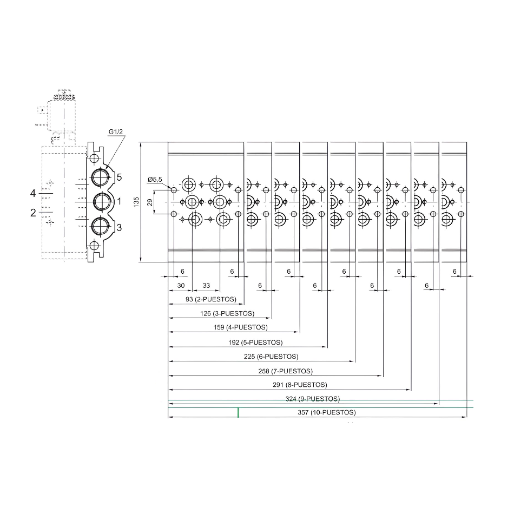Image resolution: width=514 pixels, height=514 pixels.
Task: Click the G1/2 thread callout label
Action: [x=115, y=131]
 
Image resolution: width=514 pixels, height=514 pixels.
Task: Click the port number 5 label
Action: [x=119, y=177]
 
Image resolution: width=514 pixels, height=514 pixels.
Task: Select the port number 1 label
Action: [x=119, y=201]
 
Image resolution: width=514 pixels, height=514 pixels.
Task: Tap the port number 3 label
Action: [x=119, y=227]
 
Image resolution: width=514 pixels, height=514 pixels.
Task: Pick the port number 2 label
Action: [x=33, y=213]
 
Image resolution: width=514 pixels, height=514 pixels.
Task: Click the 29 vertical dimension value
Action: [x=150, y=202]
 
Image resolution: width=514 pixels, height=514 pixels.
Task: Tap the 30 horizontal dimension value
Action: [x=181, y=285]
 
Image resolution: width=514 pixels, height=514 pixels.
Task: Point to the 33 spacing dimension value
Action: [x=206, y=285]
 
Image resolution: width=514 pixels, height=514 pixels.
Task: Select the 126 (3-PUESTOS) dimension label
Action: [x=219, y=313]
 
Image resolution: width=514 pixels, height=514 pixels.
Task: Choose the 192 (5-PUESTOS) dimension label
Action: [x=248, y=342]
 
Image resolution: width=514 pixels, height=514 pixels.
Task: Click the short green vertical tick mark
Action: [x=238, y=413]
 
